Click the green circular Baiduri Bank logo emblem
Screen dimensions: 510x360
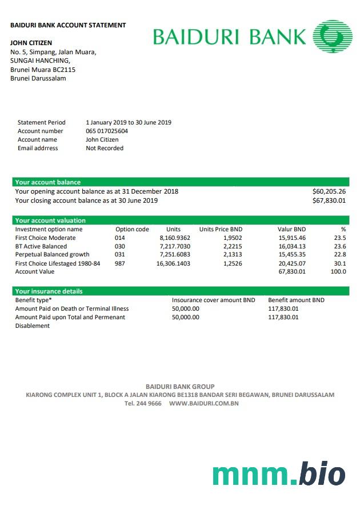[x=333, y=37]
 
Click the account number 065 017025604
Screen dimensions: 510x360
[x=107, y=131]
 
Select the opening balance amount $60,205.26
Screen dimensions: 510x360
[x=329, y=191]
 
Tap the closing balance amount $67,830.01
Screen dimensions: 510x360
[x=329, y=200]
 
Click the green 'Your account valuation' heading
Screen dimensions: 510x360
[x=50, y=220]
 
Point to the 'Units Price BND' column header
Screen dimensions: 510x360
[x=221, y=229]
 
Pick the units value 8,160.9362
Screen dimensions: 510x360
[x=175, y=238]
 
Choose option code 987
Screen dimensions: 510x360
[x=119, y=263]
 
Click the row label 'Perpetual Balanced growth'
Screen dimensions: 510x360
[x=52, y=255]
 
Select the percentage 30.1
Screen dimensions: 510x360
[x=340, y=263]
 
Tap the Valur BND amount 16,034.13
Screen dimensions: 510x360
[x=292, y=246]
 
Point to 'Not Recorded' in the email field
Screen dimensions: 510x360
[x=105, y=148]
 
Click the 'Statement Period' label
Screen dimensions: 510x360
[x=42, y=122]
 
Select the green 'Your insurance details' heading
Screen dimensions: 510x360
[x=49, y=291]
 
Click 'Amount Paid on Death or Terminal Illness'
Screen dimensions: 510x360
[x=72, y=308]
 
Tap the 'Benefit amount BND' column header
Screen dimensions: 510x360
[x=296, y=300]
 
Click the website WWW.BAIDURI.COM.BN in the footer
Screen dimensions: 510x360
[x=203, y=403]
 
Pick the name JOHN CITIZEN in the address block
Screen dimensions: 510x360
[x=31, y=43]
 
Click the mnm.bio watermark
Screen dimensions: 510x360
[x=279, y=474]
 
